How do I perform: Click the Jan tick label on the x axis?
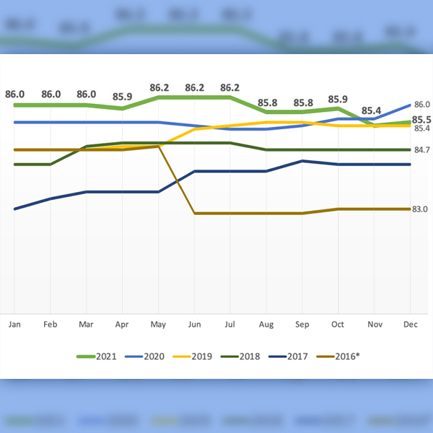tap(14, 325)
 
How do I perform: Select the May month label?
tap(158, 325)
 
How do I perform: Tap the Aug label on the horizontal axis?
tap(266, 325)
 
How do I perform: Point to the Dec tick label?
tap(410, 325)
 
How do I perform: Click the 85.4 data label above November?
tap(372, 110)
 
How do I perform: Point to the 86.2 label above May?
tap(159, 88)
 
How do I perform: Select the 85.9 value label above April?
tap(122, 96)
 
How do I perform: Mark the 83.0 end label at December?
tap(421, 209)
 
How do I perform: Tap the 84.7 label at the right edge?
tap(421, 149)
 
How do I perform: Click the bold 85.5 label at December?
tap(421, 120)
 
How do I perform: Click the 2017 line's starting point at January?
tap(14, 209)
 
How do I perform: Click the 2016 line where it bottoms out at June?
tap(195, 214)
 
